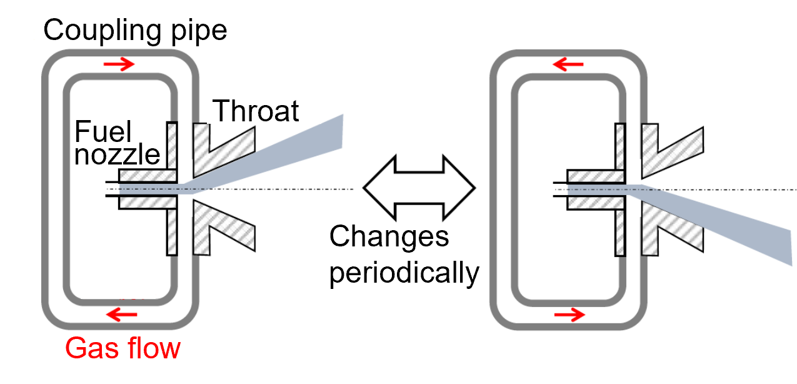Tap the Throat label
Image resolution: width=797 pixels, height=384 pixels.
[256, 111]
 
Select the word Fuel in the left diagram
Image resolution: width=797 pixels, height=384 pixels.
[103, 132]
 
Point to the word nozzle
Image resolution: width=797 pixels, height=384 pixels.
[117, 154]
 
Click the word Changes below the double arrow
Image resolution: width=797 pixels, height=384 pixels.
[389, 237]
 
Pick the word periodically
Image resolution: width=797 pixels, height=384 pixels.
[404, 272]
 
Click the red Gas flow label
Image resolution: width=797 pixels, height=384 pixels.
[123, 348]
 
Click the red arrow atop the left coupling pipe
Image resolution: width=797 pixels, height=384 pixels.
[119, 64]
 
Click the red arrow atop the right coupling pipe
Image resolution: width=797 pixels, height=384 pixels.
[568, 64]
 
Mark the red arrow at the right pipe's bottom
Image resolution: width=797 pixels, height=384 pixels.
[568, 314]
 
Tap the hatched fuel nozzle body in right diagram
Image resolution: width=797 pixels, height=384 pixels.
[594, 178]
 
